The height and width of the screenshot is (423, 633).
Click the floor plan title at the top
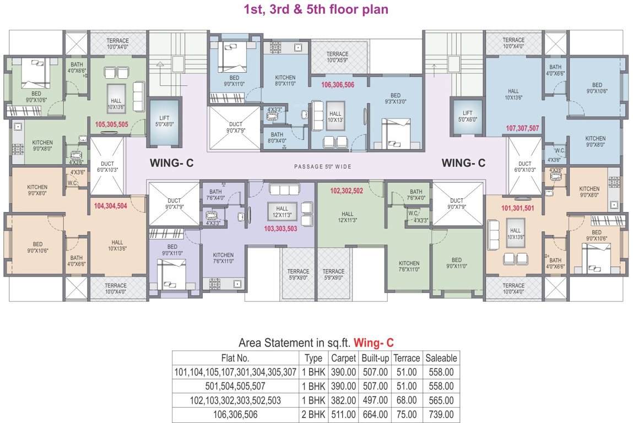[316, 10]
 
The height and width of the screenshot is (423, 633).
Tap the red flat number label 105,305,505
[111, 124]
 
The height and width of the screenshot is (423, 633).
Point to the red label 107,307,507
[522, 128]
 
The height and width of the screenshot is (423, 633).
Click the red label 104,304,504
[110, 205]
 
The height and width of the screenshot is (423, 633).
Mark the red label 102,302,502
[346, 191]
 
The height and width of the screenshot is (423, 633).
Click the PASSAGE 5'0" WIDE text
[323, 166]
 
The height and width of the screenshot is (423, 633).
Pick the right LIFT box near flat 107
[468, 116]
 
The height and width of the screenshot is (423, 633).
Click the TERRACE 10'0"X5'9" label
[337, 57]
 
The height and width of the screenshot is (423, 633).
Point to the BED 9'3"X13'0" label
[396, 98]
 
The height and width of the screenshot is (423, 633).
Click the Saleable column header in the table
[441, 358]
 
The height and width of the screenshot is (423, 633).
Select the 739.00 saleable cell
[441, 415]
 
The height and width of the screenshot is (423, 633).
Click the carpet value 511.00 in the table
[343, 415]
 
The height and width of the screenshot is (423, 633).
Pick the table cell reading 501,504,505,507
[235, 386]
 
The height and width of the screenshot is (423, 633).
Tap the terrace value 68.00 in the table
[408, 400]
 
